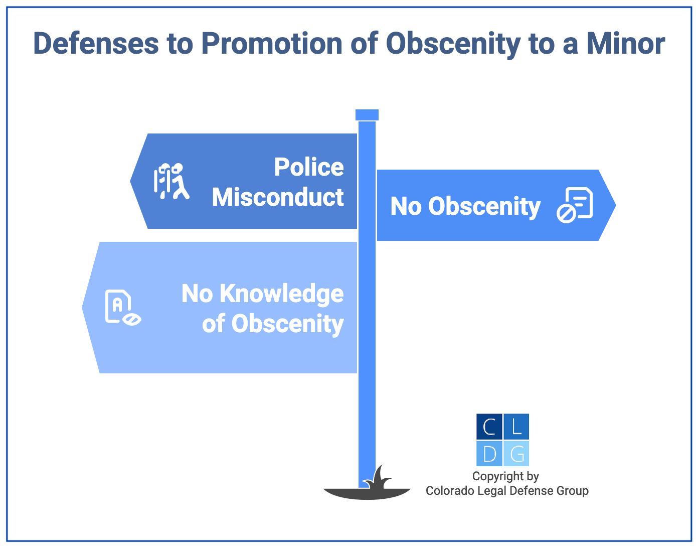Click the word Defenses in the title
(x=95, y=44)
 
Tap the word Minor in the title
(x=626, y=44)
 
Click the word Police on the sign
(x=309, y=167)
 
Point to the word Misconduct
(x=278, y=197)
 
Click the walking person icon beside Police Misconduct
(x=171, y=181)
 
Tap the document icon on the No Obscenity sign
(x=575, y=205)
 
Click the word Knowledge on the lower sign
(x=281, y=294)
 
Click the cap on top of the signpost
(x=367, y=115)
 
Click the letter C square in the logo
(x=489, y=427)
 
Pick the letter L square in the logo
(x=516, y=427)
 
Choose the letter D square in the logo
(x=489, y=454)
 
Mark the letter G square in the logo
(x=516, y=454)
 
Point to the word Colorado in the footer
(x=447, y=491)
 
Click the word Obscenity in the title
(x=453, y=44)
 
